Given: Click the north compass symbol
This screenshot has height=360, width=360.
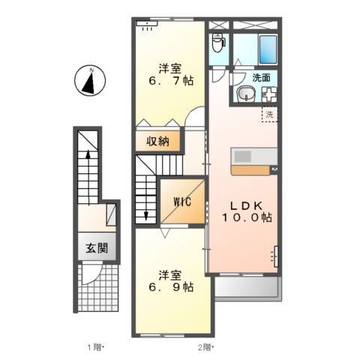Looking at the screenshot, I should pos(88,81).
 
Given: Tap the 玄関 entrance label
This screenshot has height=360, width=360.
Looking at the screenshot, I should pos(95,249).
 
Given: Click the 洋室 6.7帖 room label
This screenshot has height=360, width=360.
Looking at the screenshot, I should pos(169,72).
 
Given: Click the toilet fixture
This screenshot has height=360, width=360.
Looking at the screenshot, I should pos(218,42).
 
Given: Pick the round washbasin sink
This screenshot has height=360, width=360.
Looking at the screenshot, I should pos(246,94).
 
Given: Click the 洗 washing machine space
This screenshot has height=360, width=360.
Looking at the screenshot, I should pos(269,115).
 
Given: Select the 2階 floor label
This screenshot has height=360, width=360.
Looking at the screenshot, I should pos(205,346).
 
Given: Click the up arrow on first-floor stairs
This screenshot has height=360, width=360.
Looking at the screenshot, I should pos(88,156).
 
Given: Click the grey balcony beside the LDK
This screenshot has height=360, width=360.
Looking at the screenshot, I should pos(247,288).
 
